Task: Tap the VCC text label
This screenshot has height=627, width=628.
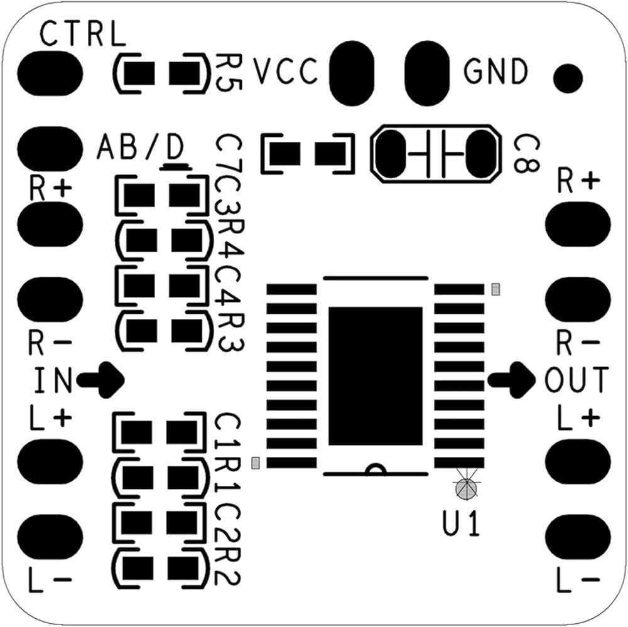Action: [286, 72]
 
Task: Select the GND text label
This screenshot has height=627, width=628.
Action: [496, 72]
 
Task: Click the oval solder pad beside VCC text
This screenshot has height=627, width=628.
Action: [352, 73]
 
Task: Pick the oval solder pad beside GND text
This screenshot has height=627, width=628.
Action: [428, 73]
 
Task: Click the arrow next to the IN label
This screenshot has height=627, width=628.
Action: [102, 379]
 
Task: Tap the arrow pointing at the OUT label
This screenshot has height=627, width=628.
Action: [512, 379]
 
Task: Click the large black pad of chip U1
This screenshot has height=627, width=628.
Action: [376, 375]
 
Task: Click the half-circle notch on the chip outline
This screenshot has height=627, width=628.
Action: [376, 469]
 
